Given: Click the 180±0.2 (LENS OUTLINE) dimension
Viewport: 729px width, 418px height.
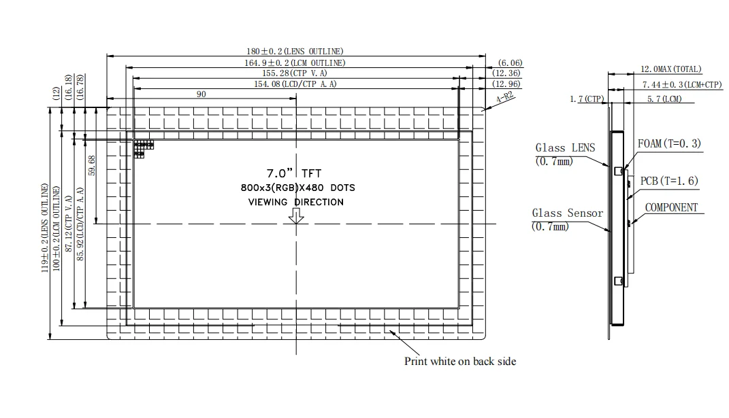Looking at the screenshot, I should [295, 51].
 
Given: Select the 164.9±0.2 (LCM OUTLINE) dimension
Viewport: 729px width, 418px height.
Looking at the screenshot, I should [295, 63].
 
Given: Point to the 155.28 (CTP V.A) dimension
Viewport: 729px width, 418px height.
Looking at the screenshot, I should [295, 73].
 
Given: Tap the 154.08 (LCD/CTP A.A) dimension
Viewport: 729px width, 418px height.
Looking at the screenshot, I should [295, 84].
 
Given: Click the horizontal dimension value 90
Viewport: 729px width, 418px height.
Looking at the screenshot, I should [201, 94].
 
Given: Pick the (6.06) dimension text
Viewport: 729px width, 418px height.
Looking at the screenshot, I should [510, 63].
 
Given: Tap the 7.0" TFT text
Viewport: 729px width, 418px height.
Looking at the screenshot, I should [294, 173].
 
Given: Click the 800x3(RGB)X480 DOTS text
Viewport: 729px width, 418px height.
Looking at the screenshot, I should [297, 188].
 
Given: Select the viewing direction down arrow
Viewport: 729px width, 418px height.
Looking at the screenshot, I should [296, 215].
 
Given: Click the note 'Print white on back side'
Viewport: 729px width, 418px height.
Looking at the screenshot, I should [460, 362].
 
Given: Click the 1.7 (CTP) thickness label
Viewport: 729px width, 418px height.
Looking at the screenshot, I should [587, 99].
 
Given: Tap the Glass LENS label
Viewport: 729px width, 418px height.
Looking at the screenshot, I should [564, 147].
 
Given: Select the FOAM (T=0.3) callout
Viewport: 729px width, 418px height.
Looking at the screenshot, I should [668, 144].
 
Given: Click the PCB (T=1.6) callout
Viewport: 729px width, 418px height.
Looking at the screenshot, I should [669, 181].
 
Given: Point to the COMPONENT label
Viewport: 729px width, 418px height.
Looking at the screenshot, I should [670, 207].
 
